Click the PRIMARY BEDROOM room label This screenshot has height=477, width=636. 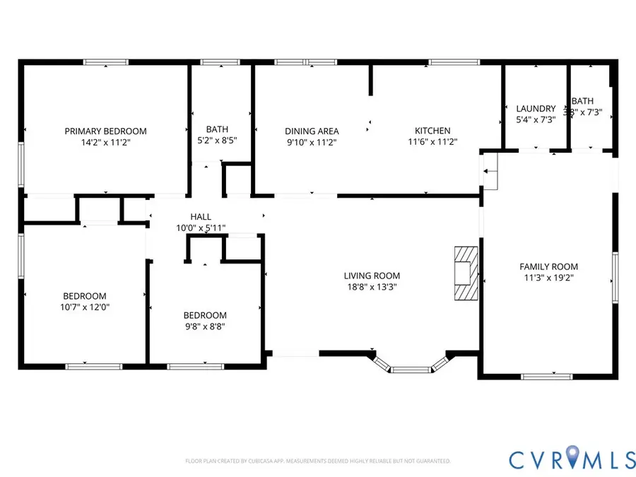105,131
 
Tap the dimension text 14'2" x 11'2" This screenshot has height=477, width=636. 105,142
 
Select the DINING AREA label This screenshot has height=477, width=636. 312,131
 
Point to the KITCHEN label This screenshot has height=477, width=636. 432,131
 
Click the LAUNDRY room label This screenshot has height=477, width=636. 536,108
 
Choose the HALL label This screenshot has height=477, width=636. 201,217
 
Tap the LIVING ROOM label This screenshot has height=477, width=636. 372,276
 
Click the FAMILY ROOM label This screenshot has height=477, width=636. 548,266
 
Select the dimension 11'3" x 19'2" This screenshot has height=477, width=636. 548,278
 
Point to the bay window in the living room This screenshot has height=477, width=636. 411,367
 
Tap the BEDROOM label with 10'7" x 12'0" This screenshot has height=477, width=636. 85,295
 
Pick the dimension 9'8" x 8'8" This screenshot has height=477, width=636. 205,326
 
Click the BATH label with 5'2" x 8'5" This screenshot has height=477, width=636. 217,129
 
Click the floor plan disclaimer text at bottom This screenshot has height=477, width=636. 317,461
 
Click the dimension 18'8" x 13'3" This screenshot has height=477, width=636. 372,287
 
